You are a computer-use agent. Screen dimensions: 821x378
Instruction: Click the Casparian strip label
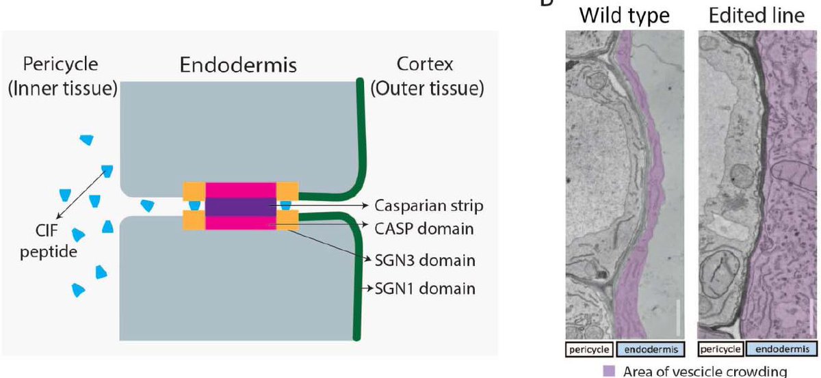click(x=428, y=206)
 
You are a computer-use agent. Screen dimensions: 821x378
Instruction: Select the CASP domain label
click(x=424, y=229)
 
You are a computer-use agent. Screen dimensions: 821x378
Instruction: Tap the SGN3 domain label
click(x=425, y=260)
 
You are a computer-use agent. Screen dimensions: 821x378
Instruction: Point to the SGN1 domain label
click(x=425, y=288)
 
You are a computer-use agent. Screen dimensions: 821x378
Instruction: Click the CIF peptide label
click(x=49, y=241)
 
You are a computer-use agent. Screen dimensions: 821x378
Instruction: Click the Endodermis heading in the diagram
click(x=238, y=65)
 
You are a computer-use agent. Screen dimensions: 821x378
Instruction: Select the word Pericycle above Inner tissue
click(x=60, y=64)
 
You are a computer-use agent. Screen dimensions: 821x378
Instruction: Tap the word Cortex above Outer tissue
click(x=425, y=64)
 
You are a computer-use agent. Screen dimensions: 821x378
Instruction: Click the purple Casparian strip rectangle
click(x=240, y=207)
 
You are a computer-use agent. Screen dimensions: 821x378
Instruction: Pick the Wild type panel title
click(x=625, y=16)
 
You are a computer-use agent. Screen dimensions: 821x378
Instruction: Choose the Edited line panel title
click(x=757, y=16)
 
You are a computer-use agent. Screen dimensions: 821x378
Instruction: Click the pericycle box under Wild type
click(x=589, y=349)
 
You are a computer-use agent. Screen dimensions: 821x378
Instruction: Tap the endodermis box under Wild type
click(x=651, y=349)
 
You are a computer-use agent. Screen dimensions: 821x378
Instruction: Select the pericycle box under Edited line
click(x=720, y=349)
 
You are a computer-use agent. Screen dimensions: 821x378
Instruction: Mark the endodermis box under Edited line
click(x=782, y=349)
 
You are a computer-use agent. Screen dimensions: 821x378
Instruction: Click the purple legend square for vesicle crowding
click(x=609, y=370)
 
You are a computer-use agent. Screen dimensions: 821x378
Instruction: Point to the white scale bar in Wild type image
click(x=679, y=317)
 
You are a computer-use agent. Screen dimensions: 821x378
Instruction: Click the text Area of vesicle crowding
click(x=705, y=371)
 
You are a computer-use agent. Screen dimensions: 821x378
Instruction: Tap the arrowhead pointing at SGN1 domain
click(x=370, y=288)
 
